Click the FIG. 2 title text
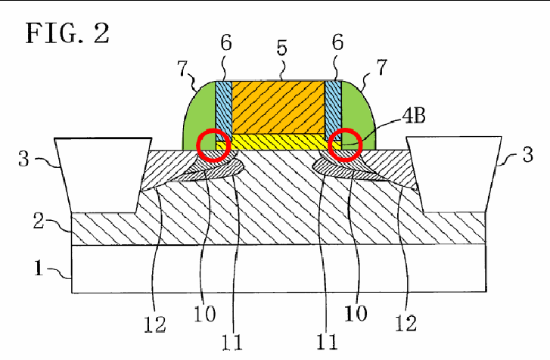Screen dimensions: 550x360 (67, 33)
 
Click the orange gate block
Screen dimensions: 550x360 (278, 107)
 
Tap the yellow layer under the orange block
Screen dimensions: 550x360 (278, 142)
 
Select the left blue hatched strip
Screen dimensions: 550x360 (223, 110)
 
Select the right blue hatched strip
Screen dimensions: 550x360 (333, 110)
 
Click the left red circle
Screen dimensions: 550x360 (213, 145)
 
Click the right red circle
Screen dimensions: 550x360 (345, 145)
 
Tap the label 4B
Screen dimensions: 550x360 (414, 115)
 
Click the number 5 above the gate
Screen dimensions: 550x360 (281, 48)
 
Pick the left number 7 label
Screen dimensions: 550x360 (182, 68)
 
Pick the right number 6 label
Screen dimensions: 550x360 (337, 42)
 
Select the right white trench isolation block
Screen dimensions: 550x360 (454, 174)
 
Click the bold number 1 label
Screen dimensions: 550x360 (39, 268)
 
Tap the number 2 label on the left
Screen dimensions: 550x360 (39, 221)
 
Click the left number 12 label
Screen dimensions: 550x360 (154, 324)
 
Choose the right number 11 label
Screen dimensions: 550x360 (327, 342)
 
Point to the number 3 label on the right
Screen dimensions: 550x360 (527, 154)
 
